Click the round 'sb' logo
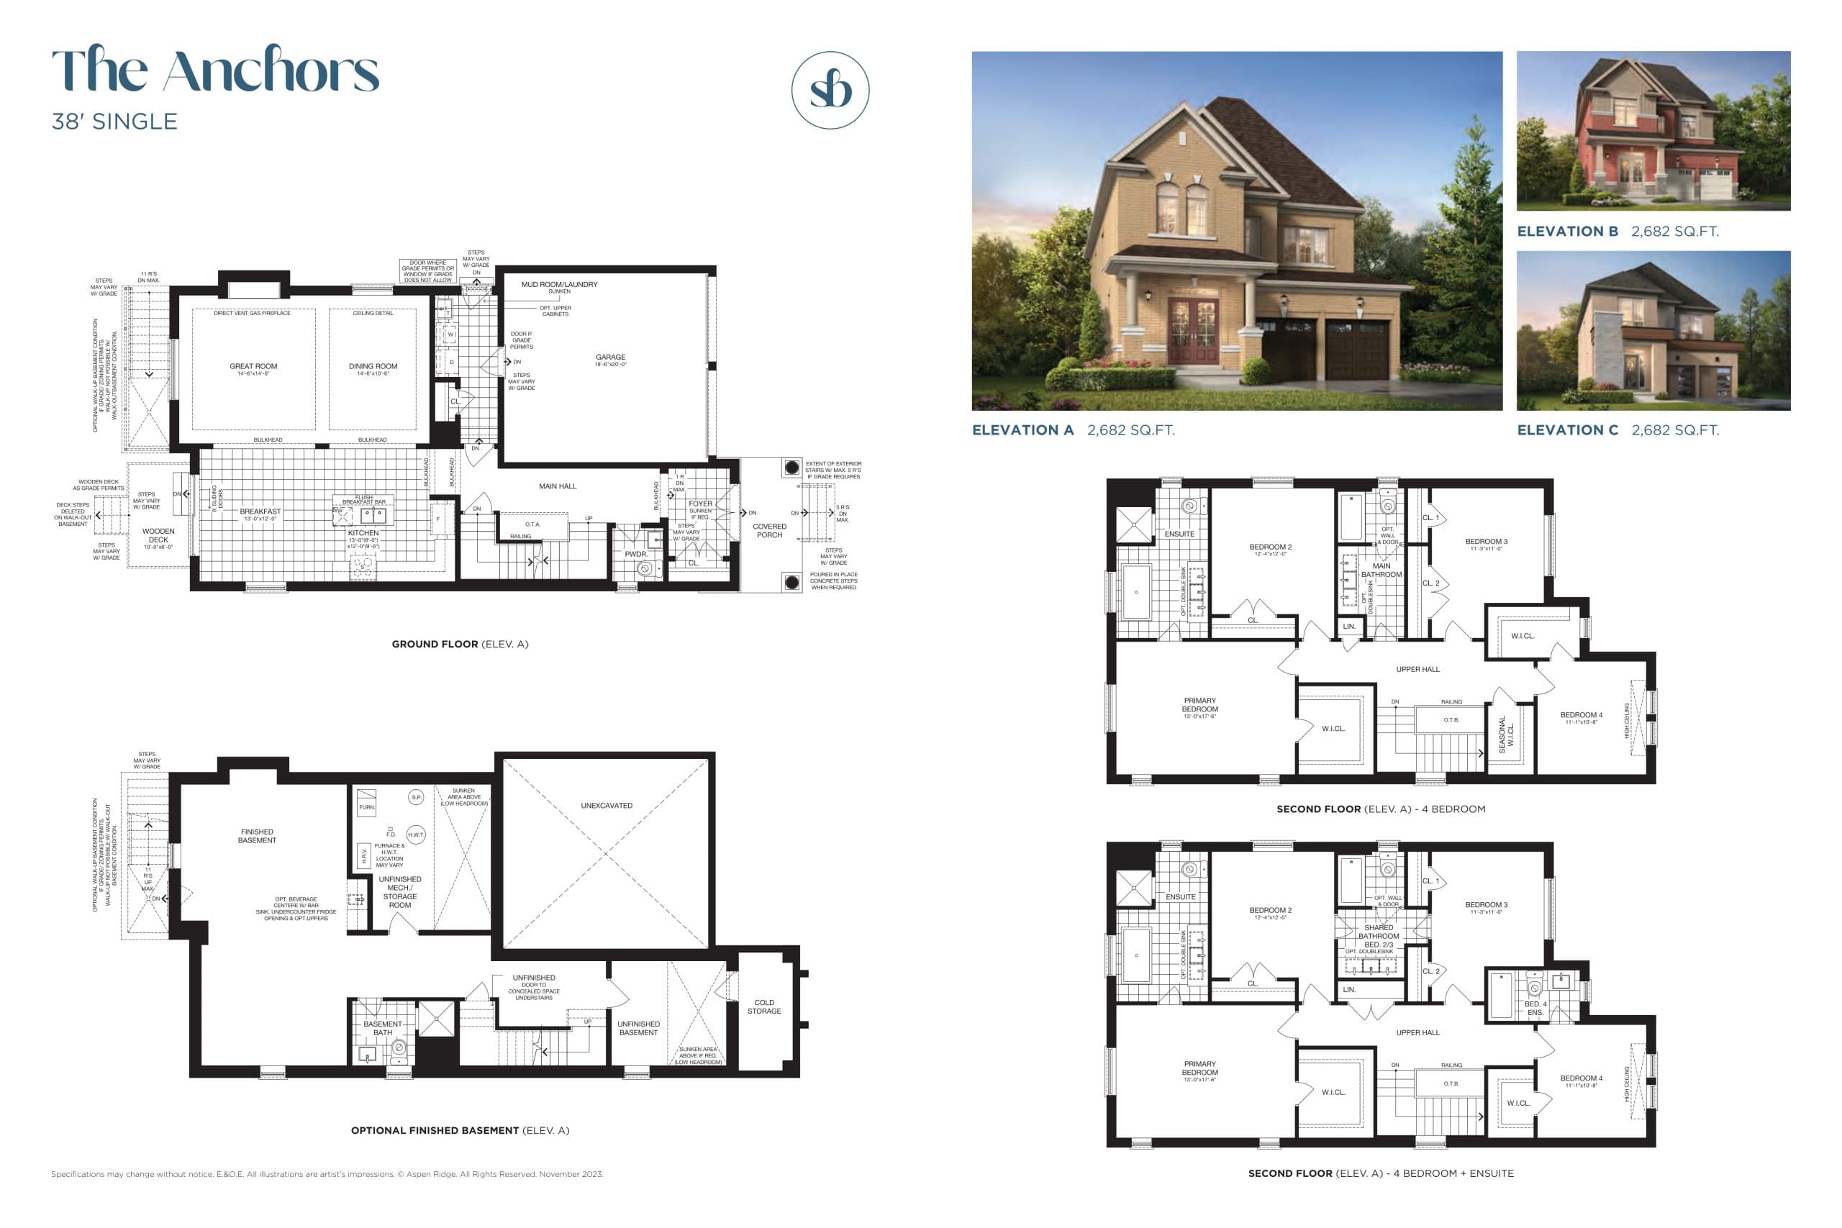point(830,90)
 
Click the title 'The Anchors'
point(215,70)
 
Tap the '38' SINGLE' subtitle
point(114,122)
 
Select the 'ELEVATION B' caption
point(1567,232)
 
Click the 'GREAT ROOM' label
point(253,366)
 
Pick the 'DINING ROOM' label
point(373,366)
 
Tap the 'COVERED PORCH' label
point(769,531)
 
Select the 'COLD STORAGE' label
point(763,1007)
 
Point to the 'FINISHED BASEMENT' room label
point(257,837)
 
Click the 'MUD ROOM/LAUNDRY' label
point(559,285)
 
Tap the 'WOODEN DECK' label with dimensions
point(158,537)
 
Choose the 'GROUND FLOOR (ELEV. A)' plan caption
point(460,645)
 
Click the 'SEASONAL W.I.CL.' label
point(1506,734)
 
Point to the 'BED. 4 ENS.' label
point(1535,1009)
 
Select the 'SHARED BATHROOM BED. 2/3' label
point(1379,937)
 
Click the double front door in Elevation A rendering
point(1193,334)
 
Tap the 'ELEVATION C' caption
point(1567,431)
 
